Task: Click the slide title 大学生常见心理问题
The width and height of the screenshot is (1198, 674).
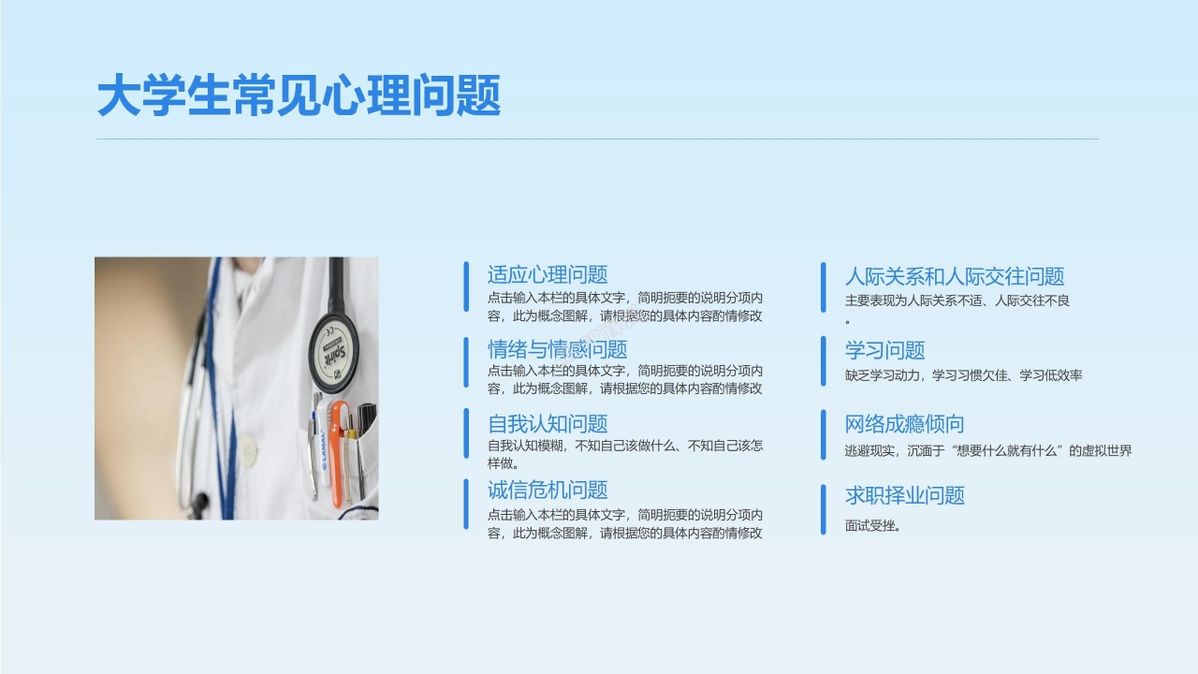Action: click(x=299, y=96)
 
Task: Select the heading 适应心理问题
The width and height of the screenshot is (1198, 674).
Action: click(x=548, y=275)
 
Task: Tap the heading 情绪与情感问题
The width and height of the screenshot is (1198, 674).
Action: click(x=557, y=350)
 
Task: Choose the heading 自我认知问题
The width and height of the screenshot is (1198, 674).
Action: click(x=548, y=424)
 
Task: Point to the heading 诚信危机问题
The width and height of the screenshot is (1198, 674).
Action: click(x=548, y=490)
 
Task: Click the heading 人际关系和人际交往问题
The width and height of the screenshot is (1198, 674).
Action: click(x=955, y=277)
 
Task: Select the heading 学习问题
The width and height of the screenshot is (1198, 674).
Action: click(x=884, y=351)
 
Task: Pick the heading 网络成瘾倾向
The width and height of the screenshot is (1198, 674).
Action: click(x=904, y=424)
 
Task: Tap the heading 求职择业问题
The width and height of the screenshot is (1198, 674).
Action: click(x=904, y=496)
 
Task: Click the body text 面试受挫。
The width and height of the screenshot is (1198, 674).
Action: click(x=872, y=526)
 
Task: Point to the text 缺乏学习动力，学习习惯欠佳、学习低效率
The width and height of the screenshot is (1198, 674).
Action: click(x=963, y=375)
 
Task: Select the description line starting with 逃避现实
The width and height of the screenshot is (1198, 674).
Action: click(x=987, y=450)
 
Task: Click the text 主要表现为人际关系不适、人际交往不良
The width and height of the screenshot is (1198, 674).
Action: click(x=957, y=301)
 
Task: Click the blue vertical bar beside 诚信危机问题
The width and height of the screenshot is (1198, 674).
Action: click(x=466, y=504)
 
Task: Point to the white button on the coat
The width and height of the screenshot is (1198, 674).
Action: click(x=247, y=451)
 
